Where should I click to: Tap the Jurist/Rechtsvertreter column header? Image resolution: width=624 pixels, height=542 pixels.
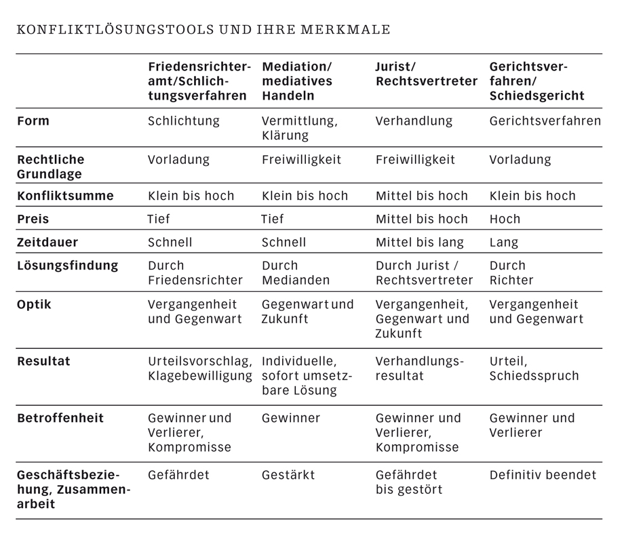tap(426, 75)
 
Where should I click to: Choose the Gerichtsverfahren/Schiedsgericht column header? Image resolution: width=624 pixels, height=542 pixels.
tap(537, 81)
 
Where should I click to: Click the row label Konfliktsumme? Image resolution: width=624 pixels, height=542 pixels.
tap(65, 196)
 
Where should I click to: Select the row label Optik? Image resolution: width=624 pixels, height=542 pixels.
tap(34, 304)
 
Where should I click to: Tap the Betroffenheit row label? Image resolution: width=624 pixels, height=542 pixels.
tap(60, 418)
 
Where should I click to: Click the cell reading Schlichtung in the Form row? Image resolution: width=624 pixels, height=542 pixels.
tap(184, 121)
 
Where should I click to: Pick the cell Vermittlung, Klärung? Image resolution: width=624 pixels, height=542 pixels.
tap(299, 128)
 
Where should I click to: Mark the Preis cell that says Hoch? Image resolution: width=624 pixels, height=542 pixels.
tap(505, 219)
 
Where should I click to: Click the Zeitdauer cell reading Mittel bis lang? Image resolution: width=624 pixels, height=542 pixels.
tap(419, 242)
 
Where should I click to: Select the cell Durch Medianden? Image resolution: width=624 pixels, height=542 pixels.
tap(296, 272)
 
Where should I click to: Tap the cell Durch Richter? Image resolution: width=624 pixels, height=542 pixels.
tap(511, 272)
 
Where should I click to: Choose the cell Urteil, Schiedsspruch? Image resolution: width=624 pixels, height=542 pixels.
tap(534, 369)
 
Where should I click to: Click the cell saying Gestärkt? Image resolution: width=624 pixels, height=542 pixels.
tap(288, 475)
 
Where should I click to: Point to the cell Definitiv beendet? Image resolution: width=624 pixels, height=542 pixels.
tap(543, 475)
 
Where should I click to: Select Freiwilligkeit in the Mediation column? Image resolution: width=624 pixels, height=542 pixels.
tap(301, 160)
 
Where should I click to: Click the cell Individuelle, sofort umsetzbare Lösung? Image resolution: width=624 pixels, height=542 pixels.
tap(307, 376)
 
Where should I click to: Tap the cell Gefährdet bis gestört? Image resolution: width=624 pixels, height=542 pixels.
tap(408, 482)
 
